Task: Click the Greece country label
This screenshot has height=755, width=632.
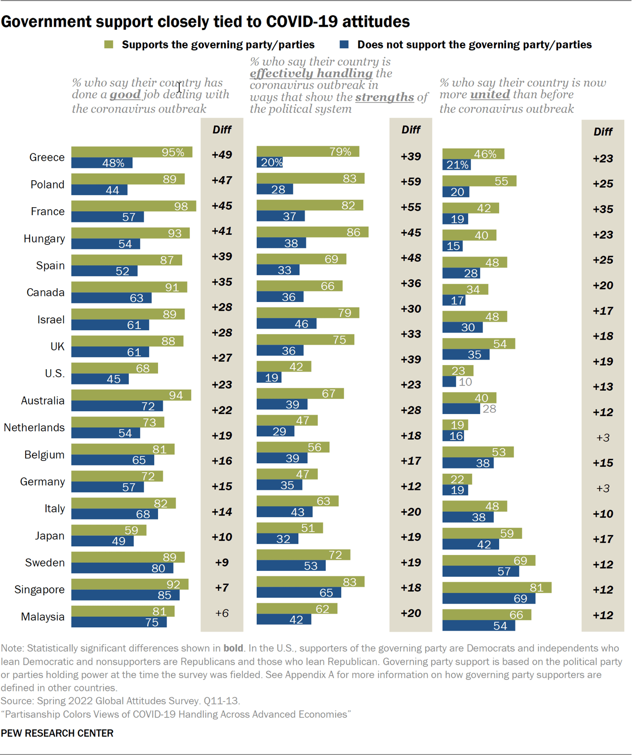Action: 47,157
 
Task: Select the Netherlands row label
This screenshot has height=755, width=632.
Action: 34,427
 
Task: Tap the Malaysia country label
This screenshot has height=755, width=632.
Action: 42,617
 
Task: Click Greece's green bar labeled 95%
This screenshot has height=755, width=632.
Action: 131,152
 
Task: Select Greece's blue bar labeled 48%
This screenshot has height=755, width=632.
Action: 102,163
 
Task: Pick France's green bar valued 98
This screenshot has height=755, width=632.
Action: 133,206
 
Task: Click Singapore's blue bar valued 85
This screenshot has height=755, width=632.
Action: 125,595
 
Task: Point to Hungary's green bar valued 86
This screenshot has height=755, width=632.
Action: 312,232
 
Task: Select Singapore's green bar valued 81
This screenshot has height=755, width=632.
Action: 496,587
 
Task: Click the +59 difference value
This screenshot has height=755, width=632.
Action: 411,182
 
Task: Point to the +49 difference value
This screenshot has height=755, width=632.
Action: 222,155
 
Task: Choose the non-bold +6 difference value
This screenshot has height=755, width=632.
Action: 222,613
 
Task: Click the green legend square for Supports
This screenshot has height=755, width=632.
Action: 109,45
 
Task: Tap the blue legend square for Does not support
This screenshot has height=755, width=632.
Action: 345,45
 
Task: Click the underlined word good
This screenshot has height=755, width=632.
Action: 125,95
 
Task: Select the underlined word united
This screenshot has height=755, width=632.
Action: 490,95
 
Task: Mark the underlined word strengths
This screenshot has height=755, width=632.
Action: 384,97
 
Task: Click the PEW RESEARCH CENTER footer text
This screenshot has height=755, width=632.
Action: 57,733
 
